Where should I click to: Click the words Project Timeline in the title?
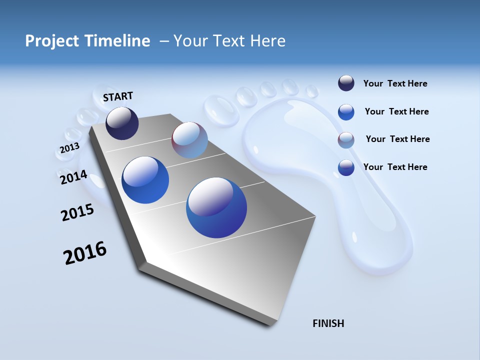(87, 41)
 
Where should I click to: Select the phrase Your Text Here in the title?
(229, 41)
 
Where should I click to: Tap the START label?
(118, 96)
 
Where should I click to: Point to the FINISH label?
(328, 323)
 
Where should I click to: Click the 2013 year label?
(69, 148)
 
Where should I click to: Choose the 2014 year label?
(73, 177)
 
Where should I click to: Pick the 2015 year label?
(77, 212)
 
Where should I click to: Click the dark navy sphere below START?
(122, 123)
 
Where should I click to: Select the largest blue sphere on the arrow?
(216, 207)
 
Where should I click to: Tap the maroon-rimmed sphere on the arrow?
(189, 140)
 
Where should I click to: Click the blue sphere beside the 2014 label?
(145, 180)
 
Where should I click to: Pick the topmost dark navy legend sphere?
(346, 83)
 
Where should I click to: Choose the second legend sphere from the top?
(346, 112)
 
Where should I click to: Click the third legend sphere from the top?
(346, 140)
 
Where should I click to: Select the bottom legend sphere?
(346, 167)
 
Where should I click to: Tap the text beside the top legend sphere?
(395, 84)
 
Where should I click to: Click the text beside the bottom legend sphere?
(395, 167)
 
